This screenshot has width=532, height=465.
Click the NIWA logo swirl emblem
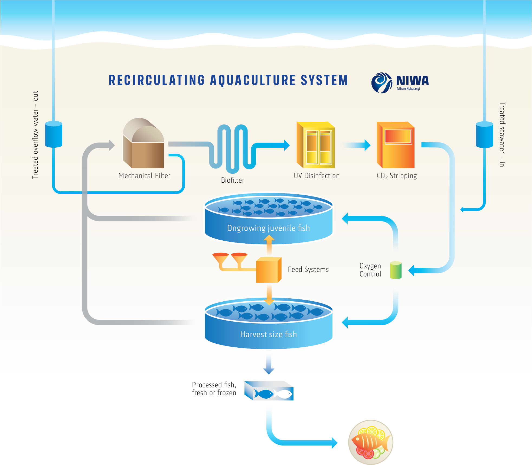381,83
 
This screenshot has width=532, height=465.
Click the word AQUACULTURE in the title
253,80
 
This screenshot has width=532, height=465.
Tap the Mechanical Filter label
144,176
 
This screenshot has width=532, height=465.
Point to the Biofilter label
233,180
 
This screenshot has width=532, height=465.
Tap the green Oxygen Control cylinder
396,270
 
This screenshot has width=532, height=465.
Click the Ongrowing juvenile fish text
268,228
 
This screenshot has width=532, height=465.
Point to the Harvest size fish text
268,334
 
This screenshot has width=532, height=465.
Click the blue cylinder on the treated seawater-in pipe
484,135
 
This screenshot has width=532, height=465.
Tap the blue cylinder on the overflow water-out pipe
54,134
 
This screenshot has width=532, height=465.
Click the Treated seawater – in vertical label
502,134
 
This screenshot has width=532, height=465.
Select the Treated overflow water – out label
35,135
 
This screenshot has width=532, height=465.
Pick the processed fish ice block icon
269,391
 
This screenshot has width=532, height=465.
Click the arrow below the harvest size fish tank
269,364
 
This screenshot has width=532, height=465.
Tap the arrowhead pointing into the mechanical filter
111,145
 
